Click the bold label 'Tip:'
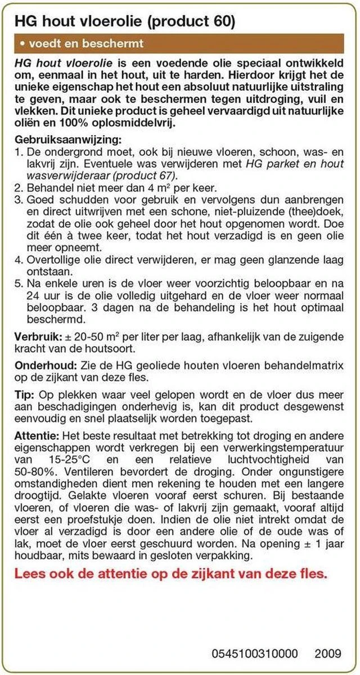point(25,393)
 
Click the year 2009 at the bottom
point(328,653)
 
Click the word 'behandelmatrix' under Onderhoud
point(310,364)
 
